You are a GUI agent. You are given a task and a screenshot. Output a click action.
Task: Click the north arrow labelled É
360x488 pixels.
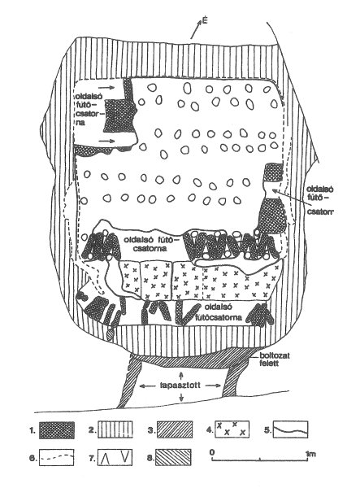coord(196,30)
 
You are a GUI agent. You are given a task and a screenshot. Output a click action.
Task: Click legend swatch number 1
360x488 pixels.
coord(57,430)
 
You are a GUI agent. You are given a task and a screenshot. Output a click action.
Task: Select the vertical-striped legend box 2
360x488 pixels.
coord(115,429)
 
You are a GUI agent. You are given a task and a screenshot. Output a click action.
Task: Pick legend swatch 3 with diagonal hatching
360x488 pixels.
coord(175,429)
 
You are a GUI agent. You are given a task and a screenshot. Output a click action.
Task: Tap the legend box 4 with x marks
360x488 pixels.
coord(232,429)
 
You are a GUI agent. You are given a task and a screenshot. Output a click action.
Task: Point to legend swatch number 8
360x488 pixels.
coord(173,457)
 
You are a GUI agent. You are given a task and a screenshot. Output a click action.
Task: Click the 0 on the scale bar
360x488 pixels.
coord(212,452)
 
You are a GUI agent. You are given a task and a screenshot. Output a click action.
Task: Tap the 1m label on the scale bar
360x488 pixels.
coord(311,454)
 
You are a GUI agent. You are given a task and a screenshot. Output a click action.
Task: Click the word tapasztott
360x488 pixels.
coord(180,386)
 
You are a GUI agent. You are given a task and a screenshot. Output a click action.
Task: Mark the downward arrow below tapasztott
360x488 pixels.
coord(181,397)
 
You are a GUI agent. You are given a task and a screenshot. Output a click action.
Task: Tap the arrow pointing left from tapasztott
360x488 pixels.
coord(148,386)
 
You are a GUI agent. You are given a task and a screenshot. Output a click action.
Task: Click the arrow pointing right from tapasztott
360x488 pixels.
coord(214,386)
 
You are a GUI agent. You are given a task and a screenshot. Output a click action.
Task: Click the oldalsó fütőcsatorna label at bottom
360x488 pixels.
coord(223,312)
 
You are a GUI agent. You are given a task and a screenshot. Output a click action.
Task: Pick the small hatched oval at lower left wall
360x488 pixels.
coord(110,334)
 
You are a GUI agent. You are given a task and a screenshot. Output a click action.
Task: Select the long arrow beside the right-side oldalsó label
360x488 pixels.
coord(292,198)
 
